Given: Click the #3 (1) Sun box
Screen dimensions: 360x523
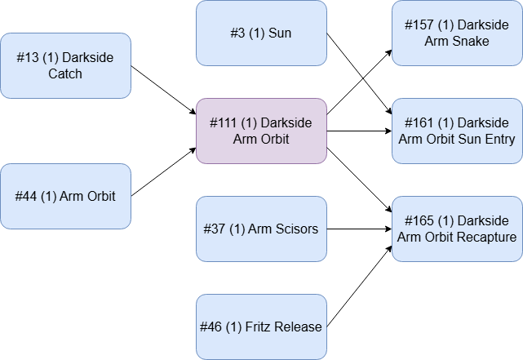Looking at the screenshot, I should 261,33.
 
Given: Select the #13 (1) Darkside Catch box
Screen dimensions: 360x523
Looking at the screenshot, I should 65,66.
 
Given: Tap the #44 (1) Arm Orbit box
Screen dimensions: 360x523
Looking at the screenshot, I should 65,197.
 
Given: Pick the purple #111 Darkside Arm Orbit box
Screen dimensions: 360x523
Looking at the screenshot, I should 261,131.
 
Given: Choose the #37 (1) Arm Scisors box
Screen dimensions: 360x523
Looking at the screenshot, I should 261,229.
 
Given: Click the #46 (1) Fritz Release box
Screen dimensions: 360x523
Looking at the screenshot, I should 261,327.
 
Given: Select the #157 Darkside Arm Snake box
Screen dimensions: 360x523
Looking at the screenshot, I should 457,33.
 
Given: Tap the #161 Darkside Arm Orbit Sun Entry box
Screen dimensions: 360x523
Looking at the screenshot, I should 457,131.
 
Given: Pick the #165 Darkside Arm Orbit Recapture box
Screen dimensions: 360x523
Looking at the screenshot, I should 457,229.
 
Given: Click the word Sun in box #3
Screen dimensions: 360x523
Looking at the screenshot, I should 279,33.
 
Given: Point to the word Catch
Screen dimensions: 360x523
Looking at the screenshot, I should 65,74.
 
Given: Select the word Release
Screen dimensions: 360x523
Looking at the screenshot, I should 298,327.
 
